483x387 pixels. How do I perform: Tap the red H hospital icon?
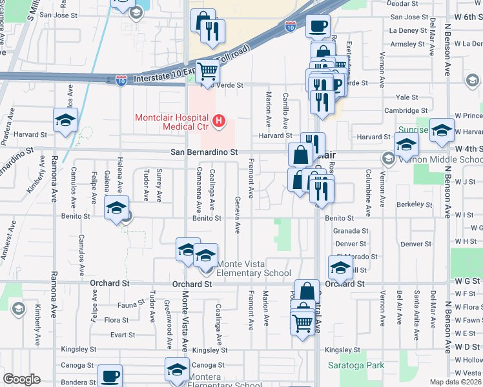220,120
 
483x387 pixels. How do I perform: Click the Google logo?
21,379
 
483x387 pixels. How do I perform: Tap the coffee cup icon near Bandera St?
110,375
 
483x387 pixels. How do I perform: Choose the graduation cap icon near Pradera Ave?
65,121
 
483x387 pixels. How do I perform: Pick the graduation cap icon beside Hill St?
340,266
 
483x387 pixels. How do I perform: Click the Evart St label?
122,335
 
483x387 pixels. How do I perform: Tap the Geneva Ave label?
238,215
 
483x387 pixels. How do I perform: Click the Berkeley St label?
415,204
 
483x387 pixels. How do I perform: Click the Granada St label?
351,230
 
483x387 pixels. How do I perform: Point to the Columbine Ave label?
367,187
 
